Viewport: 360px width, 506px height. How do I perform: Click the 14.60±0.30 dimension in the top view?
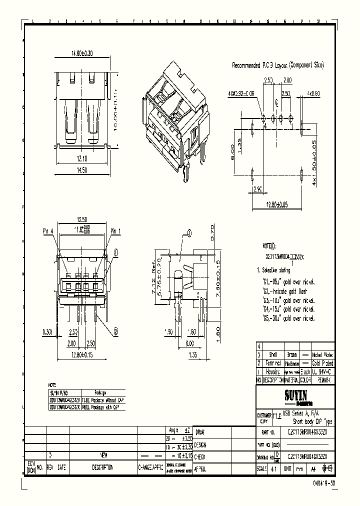tap(82, 52)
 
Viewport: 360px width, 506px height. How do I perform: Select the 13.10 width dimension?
tap(82, 159)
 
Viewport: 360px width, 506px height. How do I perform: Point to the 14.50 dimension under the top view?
tap(82, 170)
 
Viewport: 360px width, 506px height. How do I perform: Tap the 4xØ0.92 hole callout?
tap(241, 93)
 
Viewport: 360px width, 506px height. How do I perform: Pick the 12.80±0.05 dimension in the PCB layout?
tap(277, 204)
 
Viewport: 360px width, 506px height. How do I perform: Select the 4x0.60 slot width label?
tap(313, 93)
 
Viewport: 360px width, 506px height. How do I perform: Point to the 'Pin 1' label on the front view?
tap(116, 231)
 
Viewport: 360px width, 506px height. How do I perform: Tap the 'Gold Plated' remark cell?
tap(322, 363)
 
